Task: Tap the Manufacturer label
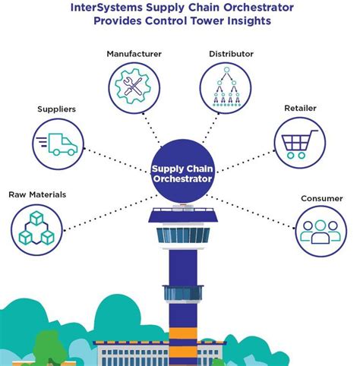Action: click(133, 54)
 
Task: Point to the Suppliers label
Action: click(56, 109)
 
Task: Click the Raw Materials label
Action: click(37, 195)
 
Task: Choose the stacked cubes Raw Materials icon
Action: click(37, 229)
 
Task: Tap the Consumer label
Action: click(321, 199)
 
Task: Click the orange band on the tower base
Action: click(180, 335)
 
